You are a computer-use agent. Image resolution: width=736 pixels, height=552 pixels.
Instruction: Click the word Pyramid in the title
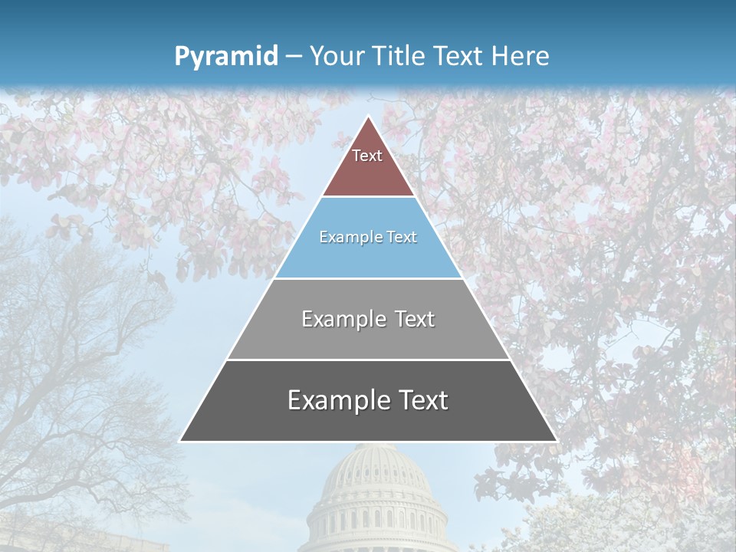(x=226, y=56)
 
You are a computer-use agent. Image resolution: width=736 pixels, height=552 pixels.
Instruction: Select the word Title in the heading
(x=399, y=56)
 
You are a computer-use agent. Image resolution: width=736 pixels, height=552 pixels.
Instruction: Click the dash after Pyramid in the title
(x=292, y=57)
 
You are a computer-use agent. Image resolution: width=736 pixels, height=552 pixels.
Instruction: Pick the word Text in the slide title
(x=459, y=56)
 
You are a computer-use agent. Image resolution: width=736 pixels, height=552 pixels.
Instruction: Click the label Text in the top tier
(x=367, y=156)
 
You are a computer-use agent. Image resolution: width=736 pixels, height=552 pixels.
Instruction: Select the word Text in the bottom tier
(x=422, y=400)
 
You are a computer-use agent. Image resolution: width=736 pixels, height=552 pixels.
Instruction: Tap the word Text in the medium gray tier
(x=414, y=319)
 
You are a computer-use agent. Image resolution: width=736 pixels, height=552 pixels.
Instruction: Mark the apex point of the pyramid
(x=368, y=116)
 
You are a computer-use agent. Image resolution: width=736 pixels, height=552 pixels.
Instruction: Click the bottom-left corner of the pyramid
(x=180, y=441)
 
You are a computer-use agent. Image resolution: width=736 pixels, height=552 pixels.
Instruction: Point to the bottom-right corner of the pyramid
(x=557, y=441)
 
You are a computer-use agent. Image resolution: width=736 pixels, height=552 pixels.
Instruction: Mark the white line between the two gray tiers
(x=368, y=360)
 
